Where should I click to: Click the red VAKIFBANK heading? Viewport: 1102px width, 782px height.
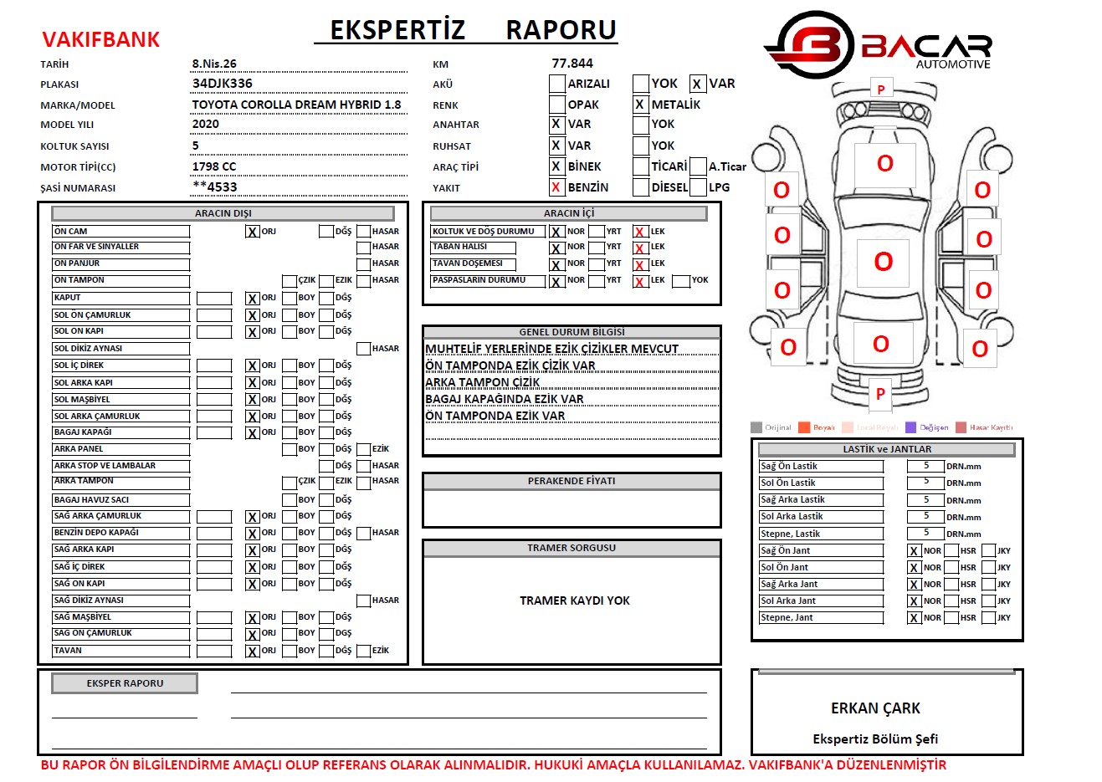pyautogui.click(x=100, y=39)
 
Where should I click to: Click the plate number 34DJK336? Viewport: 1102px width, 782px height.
pyautogui.click(x=222, y=84)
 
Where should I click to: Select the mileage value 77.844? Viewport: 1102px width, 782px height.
pyautogui.click(x=572, y=64)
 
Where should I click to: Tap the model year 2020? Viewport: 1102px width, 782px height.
pyautogui.click(x=205, y=125)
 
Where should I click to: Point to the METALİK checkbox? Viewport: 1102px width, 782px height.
pyautogui.click(x=640, y=105)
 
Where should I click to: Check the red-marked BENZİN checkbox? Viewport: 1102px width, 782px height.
pyautogui.click(x=556, y=187)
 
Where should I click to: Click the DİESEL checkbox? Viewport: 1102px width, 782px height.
pyautogui.click(x=641, y=187)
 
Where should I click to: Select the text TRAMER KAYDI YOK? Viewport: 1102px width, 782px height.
pyautogui.click(x=574, y=601)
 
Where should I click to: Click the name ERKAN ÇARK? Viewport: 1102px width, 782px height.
pyautogui.click(x=875, y=708)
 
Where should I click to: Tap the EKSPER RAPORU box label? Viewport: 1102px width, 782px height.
pyautogui.click(x=125, y=683)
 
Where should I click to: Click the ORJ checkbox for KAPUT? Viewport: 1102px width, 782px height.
pyautogui.click(x=252, y=299)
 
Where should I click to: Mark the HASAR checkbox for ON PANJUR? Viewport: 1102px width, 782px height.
pyautogui.click(x=363, y=263)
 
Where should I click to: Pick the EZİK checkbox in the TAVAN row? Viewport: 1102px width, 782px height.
pyautogui.click(x=363, y=651)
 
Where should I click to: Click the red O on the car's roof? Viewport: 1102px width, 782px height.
pyautogui.click(x=883, y=262)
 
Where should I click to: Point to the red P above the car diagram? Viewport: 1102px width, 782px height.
pyautogui.click(x=880, y=89)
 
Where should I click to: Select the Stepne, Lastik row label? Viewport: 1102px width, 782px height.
pyautogui.click(x=790, y=534)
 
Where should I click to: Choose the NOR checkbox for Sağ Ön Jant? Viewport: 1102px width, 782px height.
pyautogui.click(x=914, y=551)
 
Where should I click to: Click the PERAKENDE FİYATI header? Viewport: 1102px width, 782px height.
pyautogui.click(x=572, y=481)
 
